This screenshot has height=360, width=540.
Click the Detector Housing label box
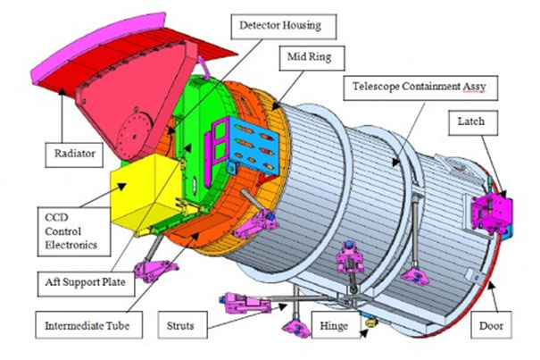click(284, 27)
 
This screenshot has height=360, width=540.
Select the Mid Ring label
click(312, 58)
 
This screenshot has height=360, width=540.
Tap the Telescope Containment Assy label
click(420, 88)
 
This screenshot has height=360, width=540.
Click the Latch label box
click(473, 122)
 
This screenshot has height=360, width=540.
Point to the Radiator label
click(74, 155)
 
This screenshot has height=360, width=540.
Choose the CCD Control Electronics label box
click(74, 231)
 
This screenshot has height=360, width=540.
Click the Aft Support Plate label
click(86, 284)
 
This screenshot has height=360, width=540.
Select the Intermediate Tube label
click(89, 325)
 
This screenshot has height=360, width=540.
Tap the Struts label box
click(182, 325)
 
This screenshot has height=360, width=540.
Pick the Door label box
click(491, 325)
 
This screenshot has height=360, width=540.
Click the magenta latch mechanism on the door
click(491, 213)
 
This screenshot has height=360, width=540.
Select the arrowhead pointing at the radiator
click(62, 91)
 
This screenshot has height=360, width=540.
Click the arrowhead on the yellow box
click(121, 187)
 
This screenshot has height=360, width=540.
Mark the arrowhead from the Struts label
click(282, 306)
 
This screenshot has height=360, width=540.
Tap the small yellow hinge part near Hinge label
click(371, 322)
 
